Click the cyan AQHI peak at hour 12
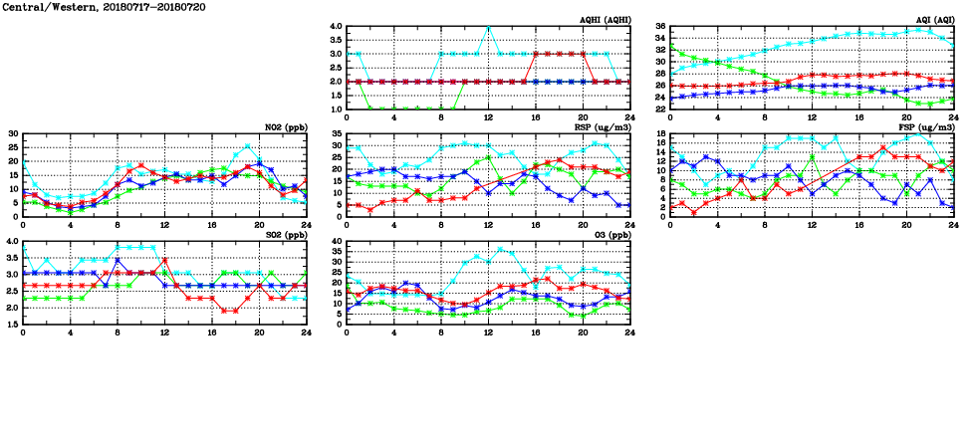point(489,27)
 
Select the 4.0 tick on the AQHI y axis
point(335,27)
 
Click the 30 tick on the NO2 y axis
point(13,133)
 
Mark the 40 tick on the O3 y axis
point(336,241)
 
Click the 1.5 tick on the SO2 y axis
point(11,325)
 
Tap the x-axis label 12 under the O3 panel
point(489,333)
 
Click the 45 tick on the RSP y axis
point(336,133)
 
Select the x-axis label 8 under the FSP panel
point(765,225)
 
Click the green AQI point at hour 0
point(671,45)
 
